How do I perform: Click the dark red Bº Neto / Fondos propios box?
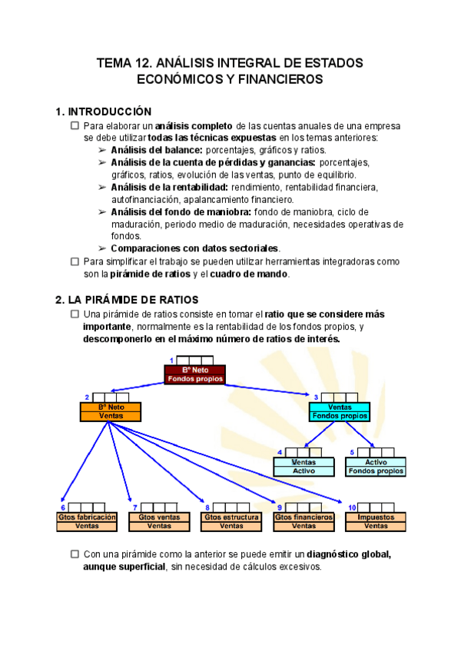(x=194, y=374)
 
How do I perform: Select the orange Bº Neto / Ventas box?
(x=111, y=411)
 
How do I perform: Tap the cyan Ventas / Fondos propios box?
(x=340, y=411)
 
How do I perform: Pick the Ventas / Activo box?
(x=304, y=466)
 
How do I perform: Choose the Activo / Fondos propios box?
(x=376, y=466)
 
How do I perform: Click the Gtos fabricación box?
(x=87, y=521)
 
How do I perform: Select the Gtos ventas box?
(x=159, y=521)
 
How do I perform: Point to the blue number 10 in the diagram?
(x=351, y=508)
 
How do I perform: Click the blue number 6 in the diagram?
(x=62, y=508)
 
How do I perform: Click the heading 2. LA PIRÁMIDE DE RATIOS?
(x=127, y=299)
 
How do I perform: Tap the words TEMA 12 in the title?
(x=123, y=62)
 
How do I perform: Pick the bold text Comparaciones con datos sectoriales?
(x=195, y=248)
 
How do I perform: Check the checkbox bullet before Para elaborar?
(x=75, y=125)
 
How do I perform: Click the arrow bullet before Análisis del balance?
(x=102, y=150)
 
